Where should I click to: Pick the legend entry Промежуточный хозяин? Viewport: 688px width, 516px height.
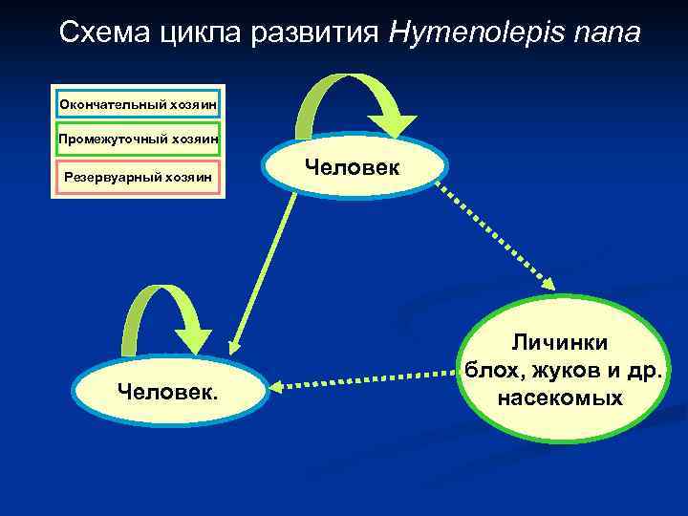point(139,140)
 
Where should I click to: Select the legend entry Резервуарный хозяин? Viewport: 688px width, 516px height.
point(139,176)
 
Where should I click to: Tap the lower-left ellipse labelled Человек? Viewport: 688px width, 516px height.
point(166,390)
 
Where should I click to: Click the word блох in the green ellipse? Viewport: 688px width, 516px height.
point(487,371)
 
